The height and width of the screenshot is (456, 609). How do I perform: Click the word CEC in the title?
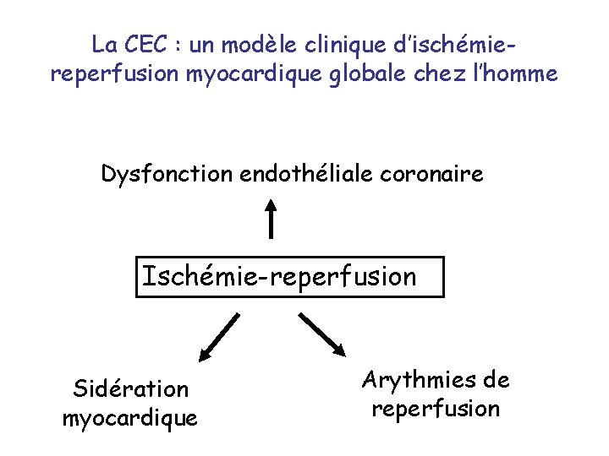[x=146, y=44]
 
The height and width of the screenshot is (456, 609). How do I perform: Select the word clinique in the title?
[x=349, y=44]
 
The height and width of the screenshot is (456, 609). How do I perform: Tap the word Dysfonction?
[x=167, y=175]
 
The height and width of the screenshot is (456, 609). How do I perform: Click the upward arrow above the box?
[x=271, y=217]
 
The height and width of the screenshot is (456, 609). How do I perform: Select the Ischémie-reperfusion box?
[x=289, y=276]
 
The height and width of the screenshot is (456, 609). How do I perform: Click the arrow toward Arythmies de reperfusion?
[x=322, y=334]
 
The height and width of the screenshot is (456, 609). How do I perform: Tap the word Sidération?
[x=130, y=389]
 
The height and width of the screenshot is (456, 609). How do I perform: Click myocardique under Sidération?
[x=130, y=418]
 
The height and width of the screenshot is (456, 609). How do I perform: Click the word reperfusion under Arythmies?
[x=435, y=409]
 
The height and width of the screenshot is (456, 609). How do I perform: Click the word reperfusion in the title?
[x=114, y=74]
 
